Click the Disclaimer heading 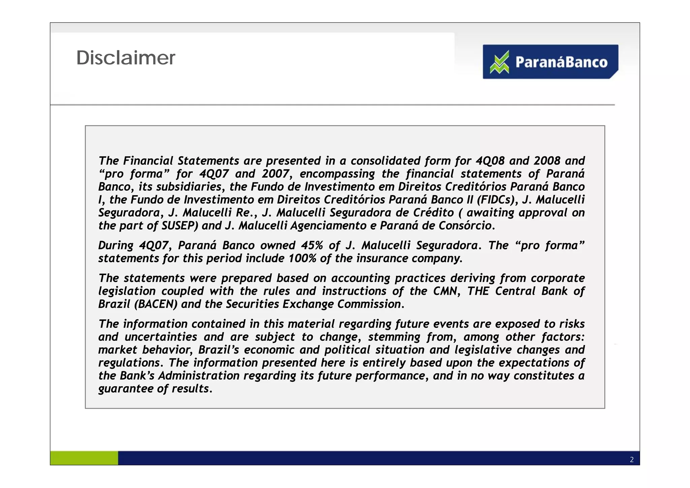126,58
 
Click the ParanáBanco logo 550,62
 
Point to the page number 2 632,460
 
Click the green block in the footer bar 84,458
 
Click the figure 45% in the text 312,245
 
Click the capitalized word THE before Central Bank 478,291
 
